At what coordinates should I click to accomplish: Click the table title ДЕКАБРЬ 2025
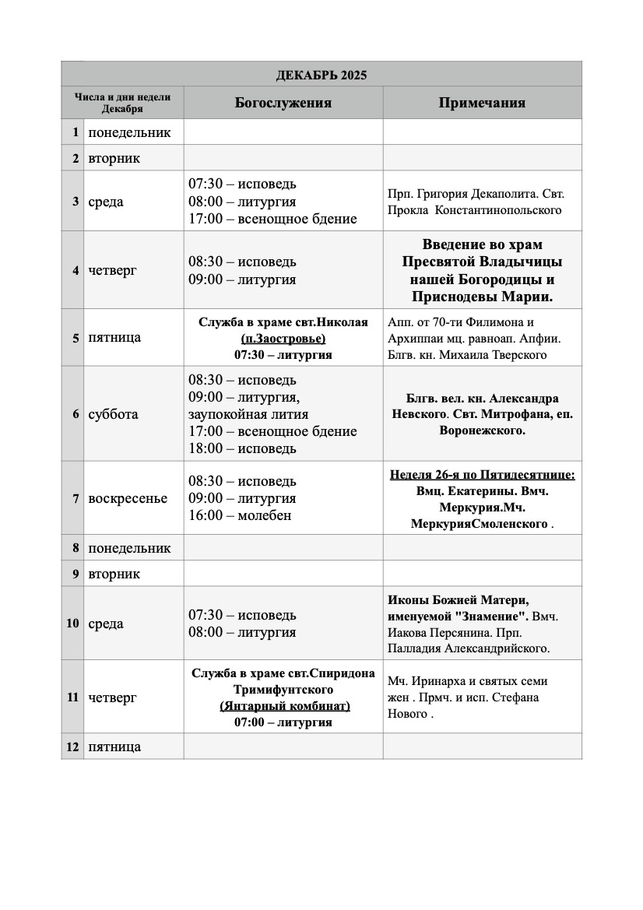pos(321,76)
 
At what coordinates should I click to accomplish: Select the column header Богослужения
pos(283,103)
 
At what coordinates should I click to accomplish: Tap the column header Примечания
pos(482,103)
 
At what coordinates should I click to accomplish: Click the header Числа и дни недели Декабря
pos(123,103)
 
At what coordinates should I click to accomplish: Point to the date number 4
pos(76,271)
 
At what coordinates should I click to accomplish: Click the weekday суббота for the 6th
pos(113,414)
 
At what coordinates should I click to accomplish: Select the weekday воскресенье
pos(128,498)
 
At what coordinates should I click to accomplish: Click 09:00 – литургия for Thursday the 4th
pos(242,279)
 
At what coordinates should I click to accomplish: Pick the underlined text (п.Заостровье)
pos(283,339)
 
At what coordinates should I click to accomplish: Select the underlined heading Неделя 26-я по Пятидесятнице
pos(482,474)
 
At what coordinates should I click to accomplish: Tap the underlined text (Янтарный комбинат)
pos(283,706)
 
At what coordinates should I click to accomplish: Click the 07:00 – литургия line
pos(283,722)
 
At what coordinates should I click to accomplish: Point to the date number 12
pos(72,747)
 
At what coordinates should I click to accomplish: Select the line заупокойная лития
pos(248,414)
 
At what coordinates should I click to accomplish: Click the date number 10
pos(72,624)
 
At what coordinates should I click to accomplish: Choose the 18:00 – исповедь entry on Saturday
pos(242,448)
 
